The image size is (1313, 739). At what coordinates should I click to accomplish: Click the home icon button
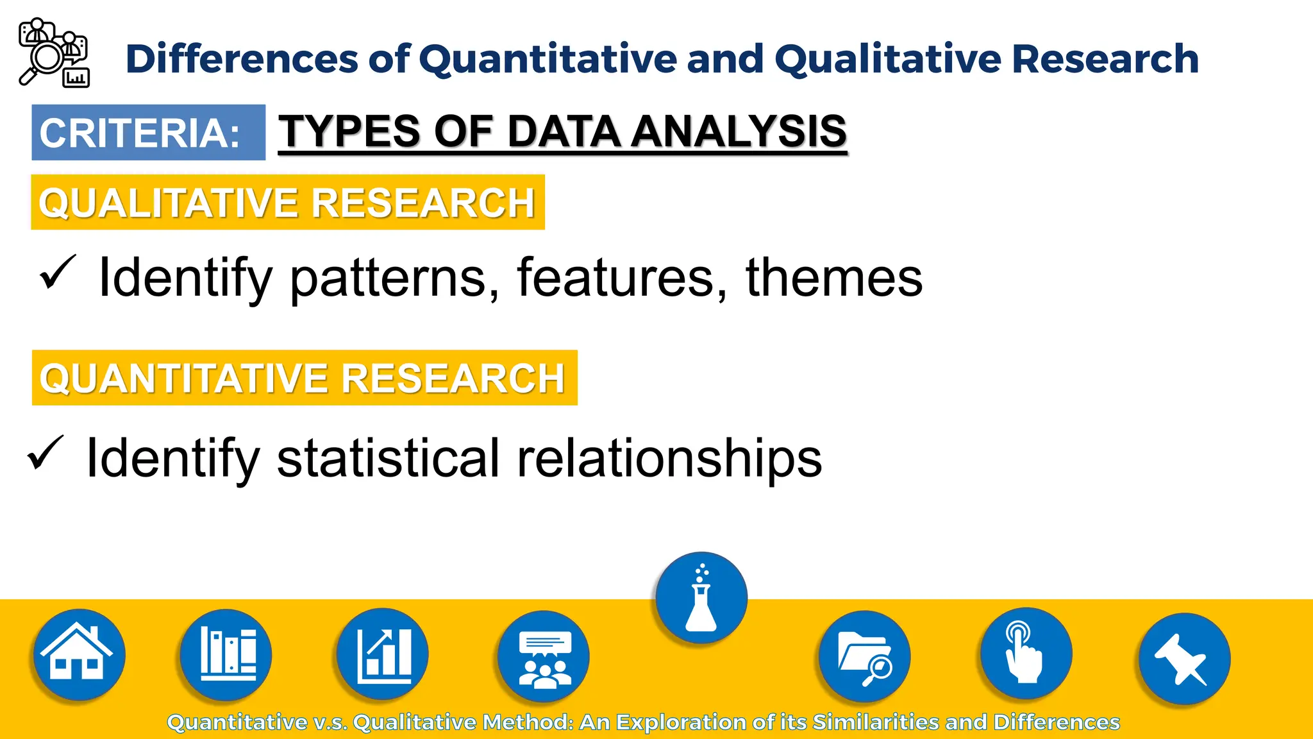point(78,655)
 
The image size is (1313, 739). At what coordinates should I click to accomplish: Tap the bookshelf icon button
point(226,655)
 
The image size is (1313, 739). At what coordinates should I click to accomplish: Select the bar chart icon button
point(383,654)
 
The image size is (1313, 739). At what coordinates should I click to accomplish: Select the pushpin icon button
point(1184,659)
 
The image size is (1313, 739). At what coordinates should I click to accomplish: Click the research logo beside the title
point(54,53)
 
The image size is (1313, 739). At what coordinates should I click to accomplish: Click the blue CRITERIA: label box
point(148,133)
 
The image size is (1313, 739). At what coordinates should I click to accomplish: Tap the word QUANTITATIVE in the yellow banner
point(185,378)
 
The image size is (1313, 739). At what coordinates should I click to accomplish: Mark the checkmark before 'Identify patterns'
point(58,272)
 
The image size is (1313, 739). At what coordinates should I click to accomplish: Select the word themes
point(833,277)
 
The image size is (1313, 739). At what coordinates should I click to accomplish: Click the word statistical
point(388,458)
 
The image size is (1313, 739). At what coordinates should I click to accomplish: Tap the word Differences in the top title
point(242,59)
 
